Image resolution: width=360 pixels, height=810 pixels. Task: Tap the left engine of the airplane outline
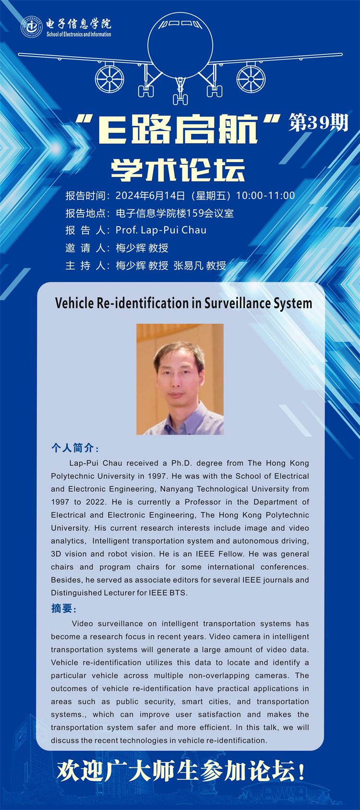[x=110, y=77]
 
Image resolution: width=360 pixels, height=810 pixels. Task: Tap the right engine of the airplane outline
[x=251, y=77]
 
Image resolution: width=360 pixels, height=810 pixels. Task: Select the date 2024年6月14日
[x=150, y=195]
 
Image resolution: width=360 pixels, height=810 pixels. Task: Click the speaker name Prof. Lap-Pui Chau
[x=161, y=230]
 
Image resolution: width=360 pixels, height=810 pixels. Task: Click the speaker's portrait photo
[x=180, y=379]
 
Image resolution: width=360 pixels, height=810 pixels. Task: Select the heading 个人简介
[x=73, y=448]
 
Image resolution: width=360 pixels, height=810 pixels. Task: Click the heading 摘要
[x=62, y=608]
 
